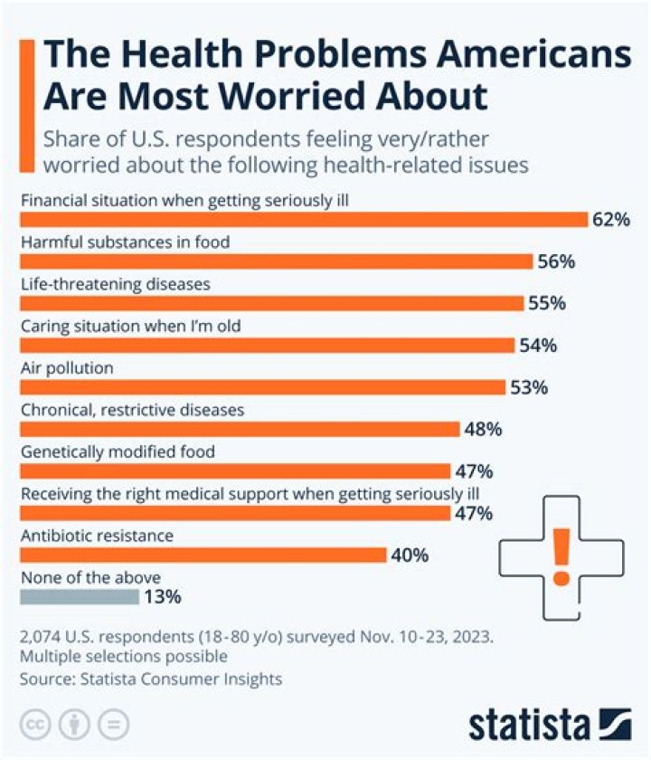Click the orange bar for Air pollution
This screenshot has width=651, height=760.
(262, 387)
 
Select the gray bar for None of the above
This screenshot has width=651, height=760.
(80, 596)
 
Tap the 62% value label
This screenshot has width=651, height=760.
(610, 220)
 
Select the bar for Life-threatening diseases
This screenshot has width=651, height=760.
(271, 303)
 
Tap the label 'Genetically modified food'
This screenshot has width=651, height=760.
(118, 451)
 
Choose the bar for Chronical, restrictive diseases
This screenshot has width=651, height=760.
(240, 429)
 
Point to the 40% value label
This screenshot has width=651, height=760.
(410, 555)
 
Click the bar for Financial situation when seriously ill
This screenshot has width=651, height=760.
(304, 220)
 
